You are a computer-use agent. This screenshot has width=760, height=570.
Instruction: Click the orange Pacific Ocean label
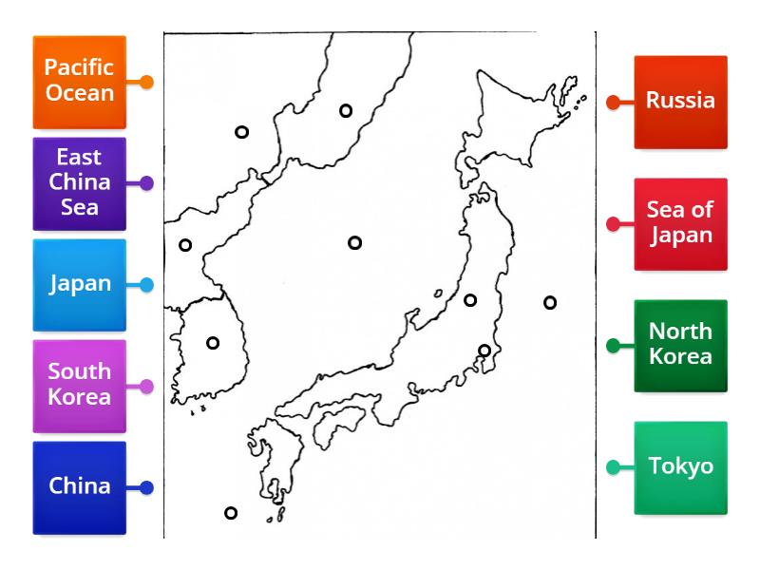(80, 82)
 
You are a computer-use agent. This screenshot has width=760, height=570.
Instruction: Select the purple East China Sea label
(80, 182)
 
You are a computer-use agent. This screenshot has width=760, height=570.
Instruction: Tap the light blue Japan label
(80, 284)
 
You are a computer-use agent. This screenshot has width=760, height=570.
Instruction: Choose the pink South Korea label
(80, 385)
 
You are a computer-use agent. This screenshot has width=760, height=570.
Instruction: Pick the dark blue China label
(80, 486)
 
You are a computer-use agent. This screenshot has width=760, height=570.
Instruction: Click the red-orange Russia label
(680, 101)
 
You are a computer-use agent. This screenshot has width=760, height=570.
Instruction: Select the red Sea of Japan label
(680, 223)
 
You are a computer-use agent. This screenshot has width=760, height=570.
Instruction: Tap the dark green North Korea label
(680, 345)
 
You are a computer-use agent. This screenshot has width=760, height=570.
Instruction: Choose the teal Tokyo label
(680, 466)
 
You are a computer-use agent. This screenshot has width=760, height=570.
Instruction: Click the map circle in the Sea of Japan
(354, 243)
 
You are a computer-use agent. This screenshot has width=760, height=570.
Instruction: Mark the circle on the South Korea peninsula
(213, 343)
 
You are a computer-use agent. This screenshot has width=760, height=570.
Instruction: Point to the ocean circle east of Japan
(550, 303)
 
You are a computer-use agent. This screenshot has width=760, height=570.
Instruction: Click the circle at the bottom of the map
(230, 513)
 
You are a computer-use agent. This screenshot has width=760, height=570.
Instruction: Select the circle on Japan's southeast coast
(484, 351)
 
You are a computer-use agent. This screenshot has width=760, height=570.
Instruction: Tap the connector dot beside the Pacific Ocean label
(146, 82)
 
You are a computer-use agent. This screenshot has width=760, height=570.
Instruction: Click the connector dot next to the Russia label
(613, 102)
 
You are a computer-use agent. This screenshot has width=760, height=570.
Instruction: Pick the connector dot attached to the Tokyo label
(613, 467)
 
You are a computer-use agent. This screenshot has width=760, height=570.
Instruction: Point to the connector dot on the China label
(146, 487)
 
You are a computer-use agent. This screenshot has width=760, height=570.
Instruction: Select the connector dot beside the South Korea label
(146, 386)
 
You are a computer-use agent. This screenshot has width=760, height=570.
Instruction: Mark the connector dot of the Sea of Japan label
(613, 224)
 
